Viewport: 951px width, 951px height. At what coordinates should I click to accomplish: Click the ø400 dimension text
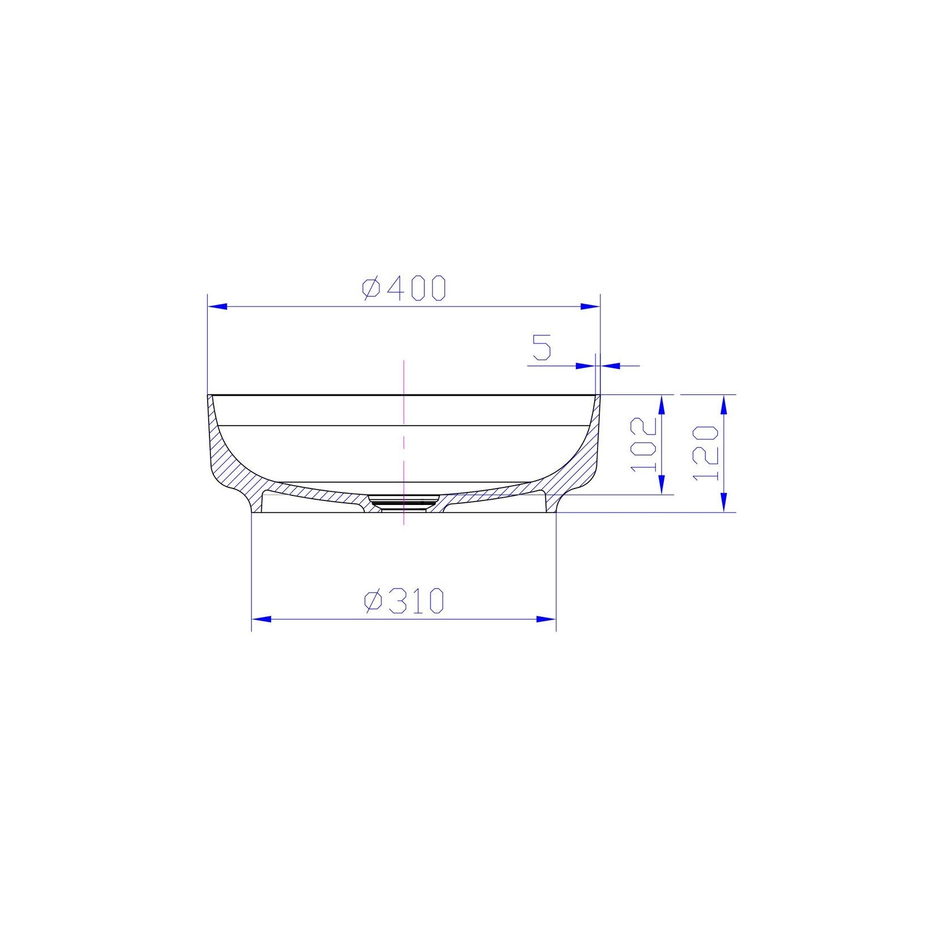tap(404, 288)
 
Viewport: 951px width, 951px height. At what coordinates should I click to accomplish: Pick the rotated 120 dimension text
tap(705, 452)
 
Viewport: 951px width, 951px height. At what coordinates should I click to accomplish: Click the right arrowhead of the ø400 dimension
tap(590, 306)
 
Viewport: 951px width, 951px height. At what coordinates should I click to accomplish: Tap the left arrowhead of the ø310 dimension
tap(261, 618)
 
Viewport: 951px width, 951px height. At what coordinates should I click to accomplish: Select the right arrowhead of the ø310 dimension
tap(546, 618)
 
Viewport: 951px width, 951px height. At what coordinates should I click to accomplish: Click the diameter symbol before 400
tap(372, 289)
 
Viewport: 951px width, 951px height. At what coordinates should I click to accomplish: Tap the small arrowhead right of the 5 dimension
tap(609, 366)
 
